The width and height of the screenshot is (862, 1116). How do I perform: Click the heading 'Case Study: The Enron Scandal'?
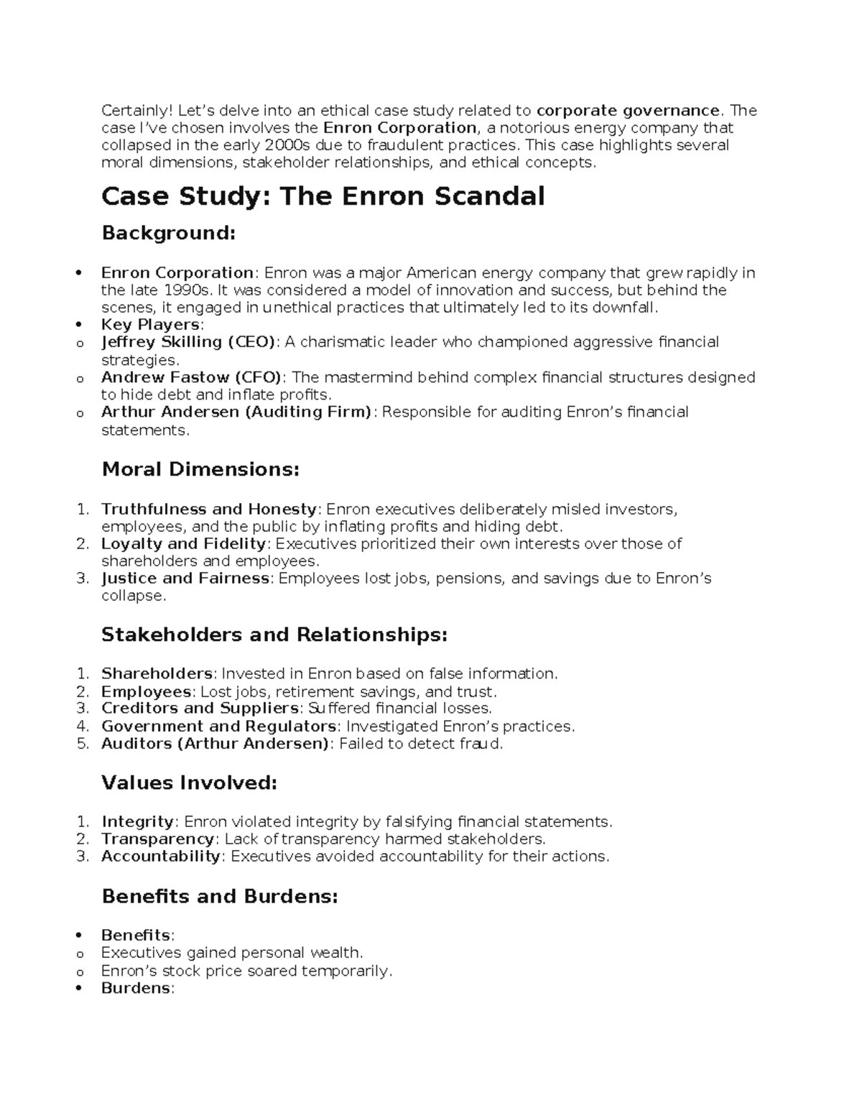[x=323, y=195]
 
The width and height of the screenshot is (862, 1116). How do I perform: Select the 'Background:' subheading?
[x=168, y=233]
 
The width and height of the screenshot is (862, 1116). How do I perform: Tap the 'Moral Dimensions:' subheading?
[x=200, y=469]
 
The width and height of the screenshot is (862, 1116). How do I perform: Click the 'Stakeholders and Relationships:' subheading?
[x=274, y=635]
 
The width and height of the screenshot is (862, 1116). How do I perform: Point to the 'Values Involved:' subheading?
[x=189, y=783]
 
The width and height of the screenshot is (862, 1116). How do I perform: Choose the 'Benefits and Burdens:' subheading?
[x=219, y=896]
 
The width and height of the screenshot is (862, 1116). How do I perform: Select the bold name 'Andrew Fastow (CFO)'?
[x=192, y=377]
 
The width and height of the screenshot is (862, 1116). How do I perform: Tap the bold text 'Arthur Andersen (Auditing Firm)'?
[x=236, y=412]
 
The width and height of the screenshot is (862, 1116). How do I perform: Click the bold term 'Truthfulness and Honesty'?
[x=208, y=509]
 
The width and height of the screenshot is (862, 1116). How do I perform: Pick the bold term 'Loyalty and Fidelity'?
[x=183, y=544]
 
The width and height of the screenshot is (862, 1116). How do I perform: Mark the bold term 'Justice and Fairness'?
[x=185, y=578]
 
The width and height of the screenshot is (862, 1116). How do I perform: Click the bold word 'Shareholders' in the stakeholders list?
[x=157, y=674]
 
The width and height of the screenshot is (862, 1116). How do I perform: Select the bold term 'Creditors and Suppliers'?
[x=200, y=709]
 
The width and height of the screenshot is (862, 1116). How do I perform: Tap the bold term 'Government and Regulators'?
[x=218, y=727]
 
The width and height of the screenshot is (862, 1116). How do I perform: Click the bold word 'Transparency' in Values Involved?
[x=157, y=839]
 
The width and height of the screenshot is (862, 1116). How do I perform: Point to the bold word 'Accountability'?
[x=161, y=857]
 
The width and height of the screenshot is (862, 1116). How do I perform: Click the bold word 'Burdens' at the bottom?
[x=136, y=988]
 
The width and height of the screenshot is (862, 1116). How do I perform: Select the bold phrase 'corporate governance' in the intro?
[x=627, y=111]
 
